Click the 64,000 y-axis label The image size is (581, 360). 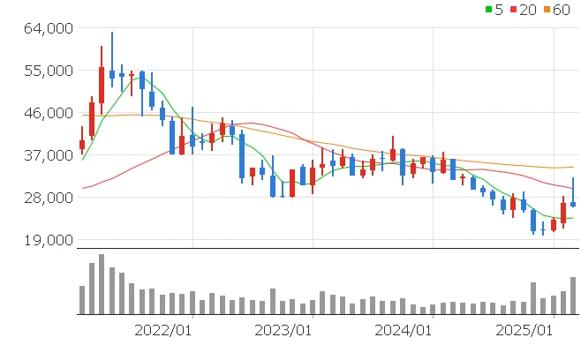coord(47,28)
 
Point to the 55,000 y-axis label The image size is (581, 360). coord(47,71)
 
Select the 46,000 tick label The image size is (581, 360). coord(47,113)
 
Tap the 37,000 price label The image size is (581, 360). coord(47,155)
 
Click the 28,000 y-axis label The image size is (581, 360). coord(47,198)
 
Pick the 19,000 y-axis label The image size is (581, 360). coord(47,240)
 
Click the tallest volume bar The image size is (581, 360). coord(102,284)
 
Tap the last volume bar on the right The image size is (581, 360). coord(573,296)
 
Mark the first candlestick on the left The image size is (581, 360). coord(82,144)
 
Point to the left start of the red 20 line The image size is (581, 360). coord(83,188)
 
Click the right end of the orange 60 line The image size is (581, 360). coord(573,167)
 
